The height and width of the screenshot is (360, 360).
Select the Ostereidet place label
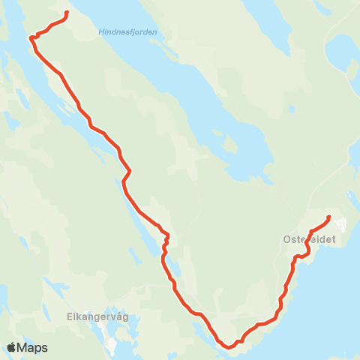click(x=308, y=238)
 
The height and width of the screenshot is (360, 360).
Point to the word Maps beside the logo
click(x=33, y=348)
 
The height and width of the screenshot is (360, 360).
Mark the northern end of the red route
click(x=67, y=13)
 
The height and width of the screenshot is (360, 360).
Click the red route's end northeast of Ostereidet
click(x=329, y=217)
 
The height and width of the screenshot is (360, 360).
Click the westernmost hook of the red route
click(x=31, y=37)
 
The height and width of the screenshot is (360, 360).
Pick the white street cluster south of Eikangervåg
click(x=112, y=346)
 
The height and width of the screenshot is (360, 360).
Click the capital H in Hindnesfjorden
click(x=101, y=31)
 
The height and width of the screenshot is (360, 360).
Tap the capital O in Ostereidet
click(x=288, y=238)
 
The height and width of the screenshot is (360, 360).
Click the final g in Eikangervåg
click(x=125, y=318)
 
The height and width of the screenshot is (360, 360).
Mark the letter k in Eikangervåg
click(x=80, y=316)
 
